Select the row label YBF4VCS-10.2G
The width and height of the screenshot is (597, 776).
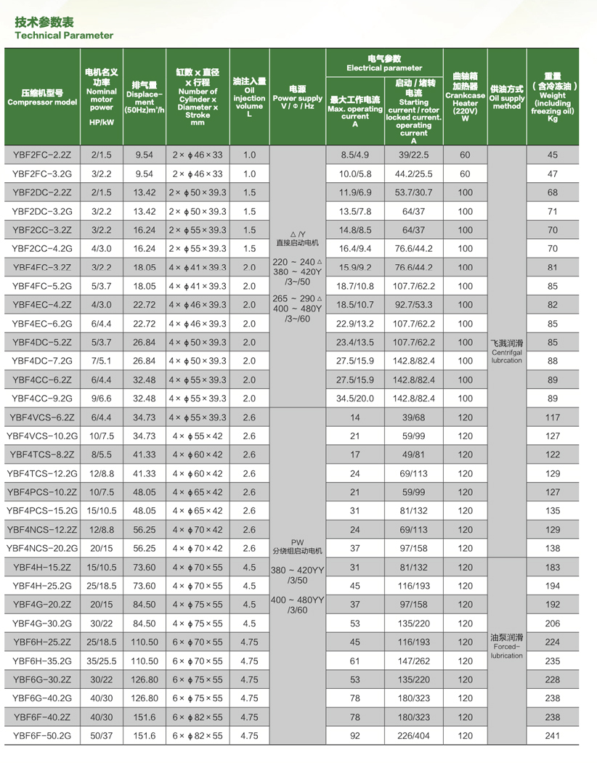coord(42,436)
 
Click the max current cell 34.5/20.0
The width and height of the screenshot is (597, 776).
coord(354,398)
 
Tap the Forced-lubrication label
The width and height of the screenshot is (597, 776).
coord(507,647)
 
